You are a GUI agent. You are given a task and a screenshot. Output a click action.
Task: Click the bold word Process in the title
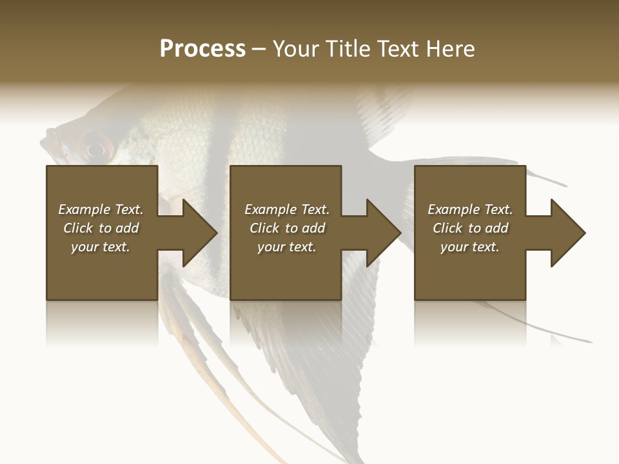[x=202, y=49]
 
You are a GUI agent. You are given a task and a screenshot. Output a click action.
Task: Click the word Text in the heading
[x=398, y=49]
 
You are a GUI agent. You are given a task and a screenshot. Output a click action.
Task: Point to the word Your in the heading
[x=297, y=49]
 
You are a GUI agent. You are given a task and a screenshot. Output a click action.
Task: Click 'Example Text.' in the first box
[x=101, y=209]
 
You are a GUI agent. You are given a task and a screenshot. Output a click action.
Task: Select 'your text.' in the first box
[x=101, y=247]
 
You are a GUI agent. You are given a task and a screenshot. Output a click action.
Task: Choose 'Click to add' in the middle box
[x=287, y=228]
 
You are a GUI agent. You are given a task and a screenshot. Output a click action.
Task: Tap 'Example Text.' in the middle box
[x=287, y=209]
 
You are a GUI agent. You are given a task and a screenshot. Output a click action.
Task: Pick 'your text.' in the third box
[x=470, y=247]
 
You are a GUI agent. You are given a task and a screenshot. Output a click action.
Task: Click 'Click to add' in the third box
[x=470, y=228]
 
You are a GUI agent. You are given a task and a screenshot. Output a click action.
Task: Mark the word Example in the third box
[x=453, y=209]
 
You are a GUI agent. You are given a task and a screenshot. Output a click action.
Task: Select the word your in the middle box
[x=271, y=247]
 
